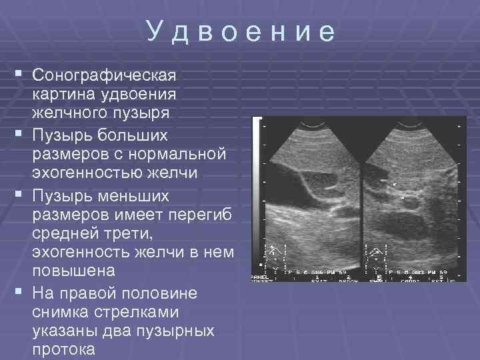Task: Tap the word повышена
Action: pyautogui.click(x=73, y=271)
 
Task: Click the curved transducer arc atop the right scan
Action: pyautogui.click(x=413, y=124)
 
